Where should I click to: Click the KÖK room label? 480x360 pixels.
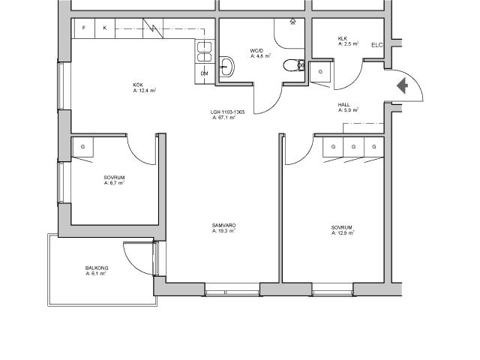tap(138, 85)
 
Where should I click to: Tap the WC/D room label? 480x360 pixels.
tap(256, 50)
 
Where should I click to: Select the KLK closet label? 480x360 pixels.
tap(342, 38)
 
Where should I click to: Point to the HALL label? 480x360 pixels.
tap(343, 105)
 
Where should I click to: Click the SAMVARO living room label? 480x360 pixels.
tap(223, 226)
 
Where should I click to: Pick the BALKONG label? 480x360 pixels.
tap(97, 268)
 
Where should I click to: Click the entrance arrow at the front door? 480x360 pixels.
tap(403, 85)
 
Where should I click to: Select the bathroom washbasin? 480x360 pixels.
tap(226, 67)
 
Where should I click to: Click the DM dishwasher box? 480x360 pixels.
tap(205, 73)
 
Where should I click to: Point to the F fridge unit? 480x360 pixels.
tap(83, 28)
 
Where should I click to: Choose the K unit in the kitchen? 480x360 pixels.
tap(105, 28)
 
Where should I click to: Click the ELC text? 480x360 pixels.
tap(376, 45)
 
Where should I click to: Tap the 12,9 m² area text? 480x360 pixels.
tap(343, 233)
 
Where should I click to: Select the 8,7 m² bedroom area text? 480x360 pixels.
tap(114, 183)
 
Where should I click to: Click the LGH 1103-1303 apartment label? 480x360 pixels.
tap(227, 112)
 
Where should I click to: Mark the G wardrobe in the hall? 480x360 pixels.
tap(320, 72)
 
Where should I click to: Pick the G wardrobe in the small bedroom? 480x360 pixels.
tap(82, 147)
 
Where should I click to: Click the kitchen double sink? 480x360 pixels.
tap(204, 52)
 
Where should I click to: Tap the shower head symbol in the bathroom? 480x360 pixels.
tap(293, 21)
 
